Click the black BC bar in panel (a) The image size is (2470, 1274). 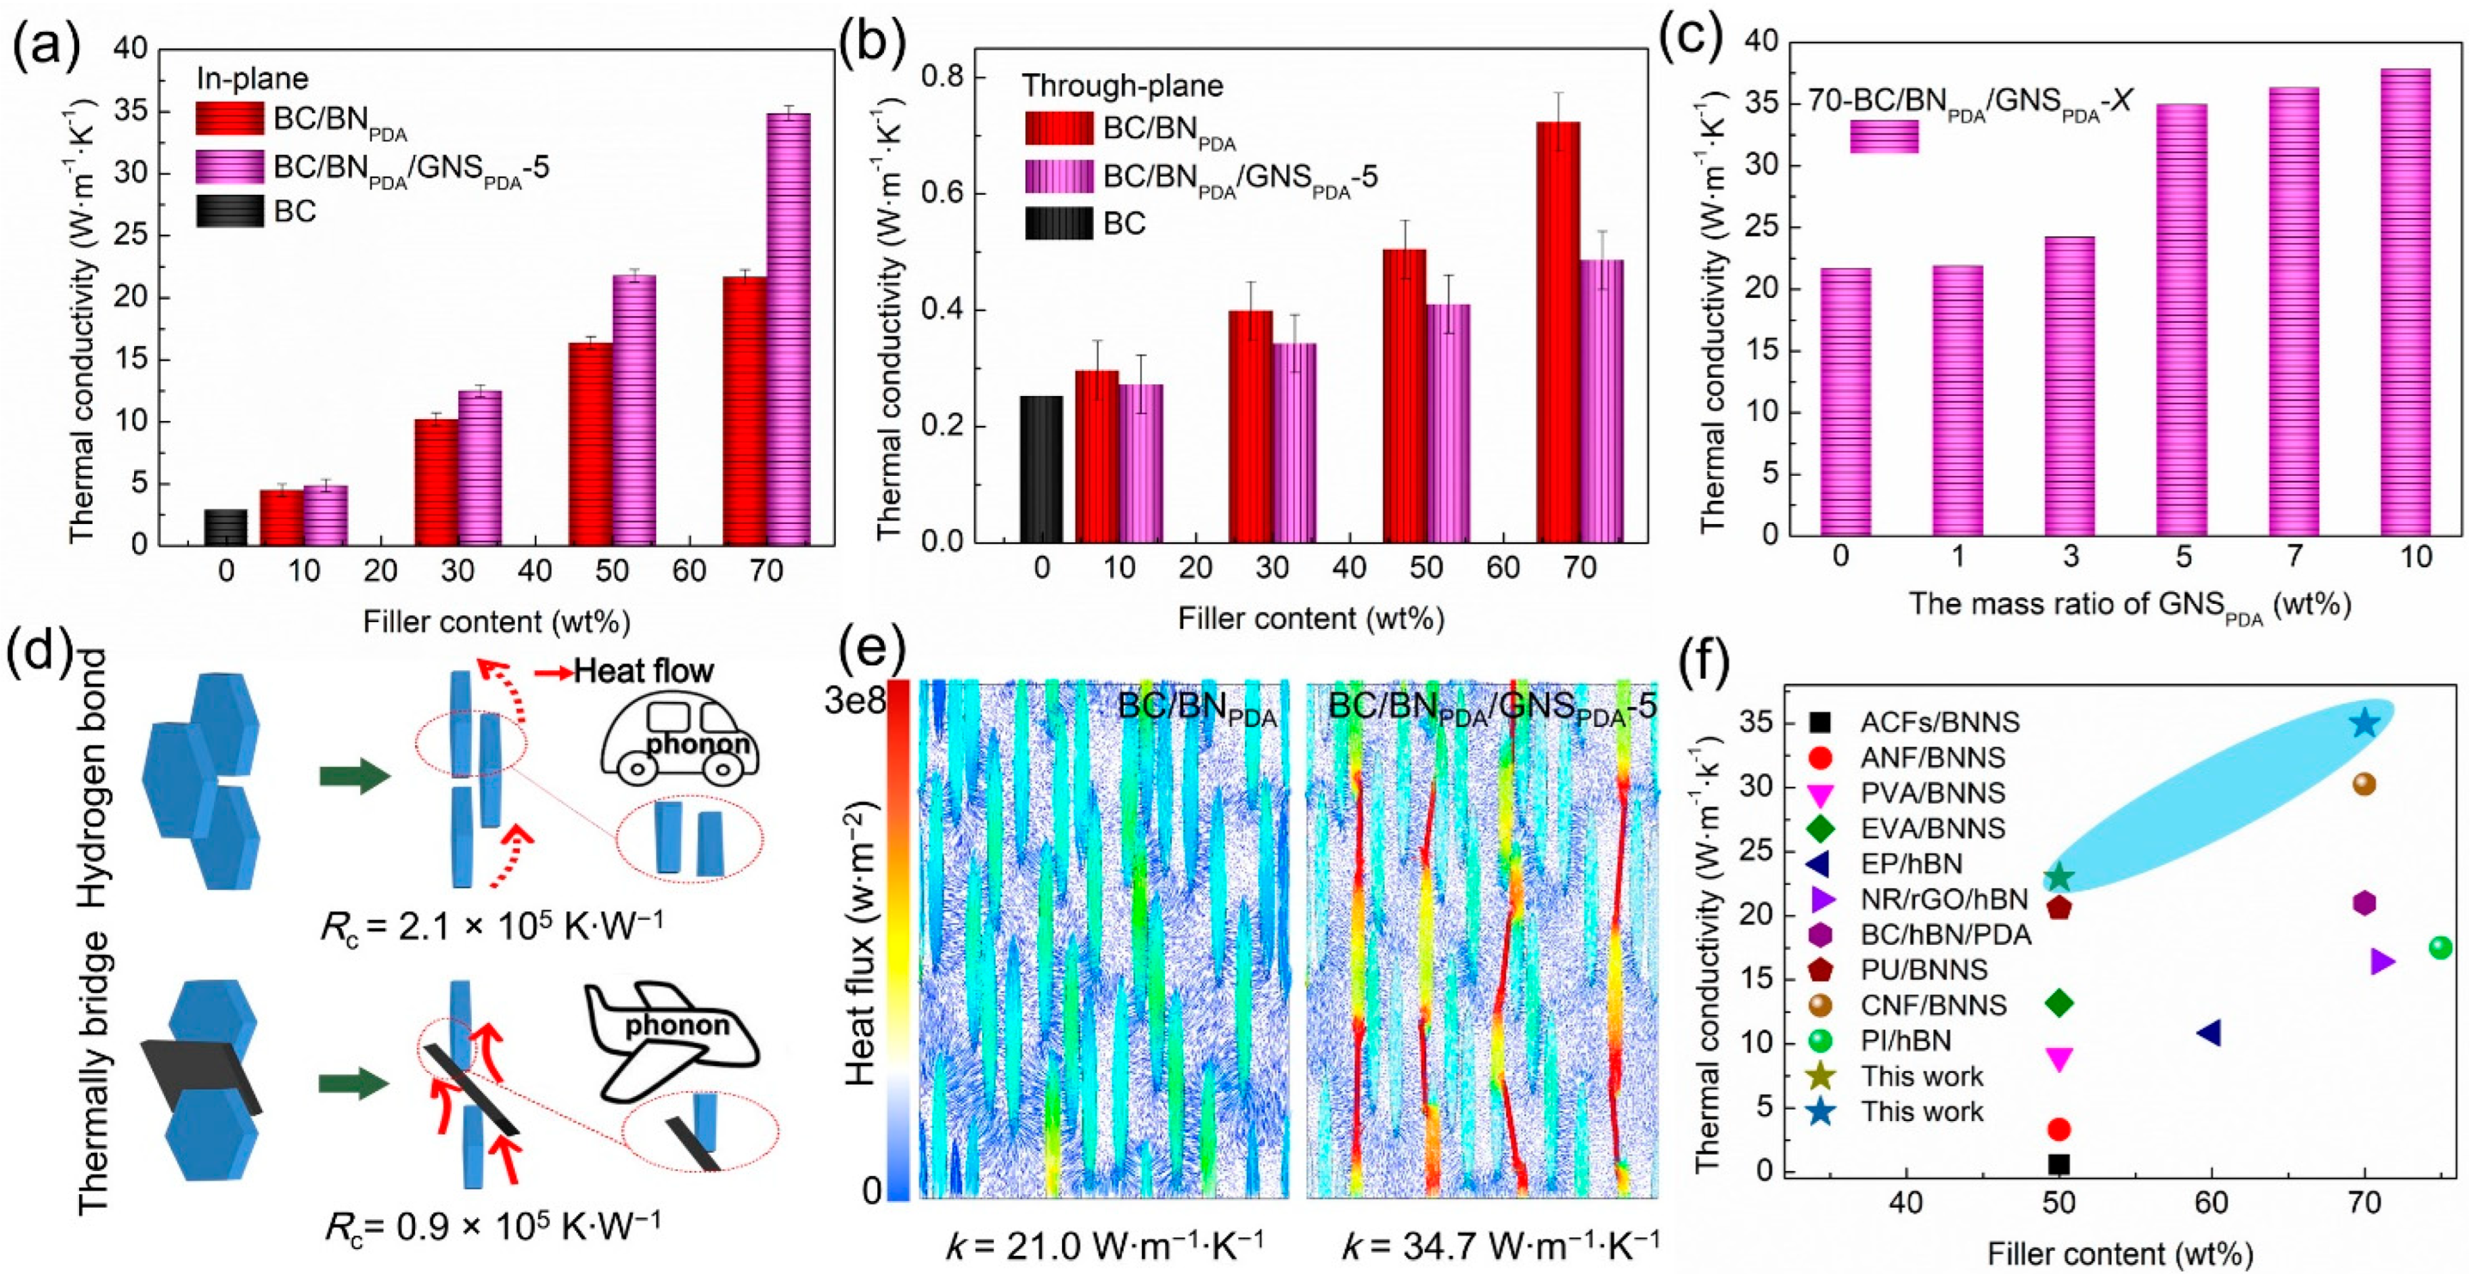tap(225, 527)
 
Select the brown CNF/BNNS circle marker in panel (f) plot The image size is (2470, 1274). tap(2364, 784)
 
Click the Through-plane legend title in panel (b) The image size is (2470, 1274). tap(1122, 86)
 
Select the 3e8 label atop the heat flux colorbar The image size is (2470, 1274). tap(854, 702)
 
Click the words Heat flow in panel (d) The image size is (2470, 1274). tap(642, 670)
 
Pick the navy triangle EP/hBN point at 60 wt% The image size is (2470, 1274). tap(2209, 1032)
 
